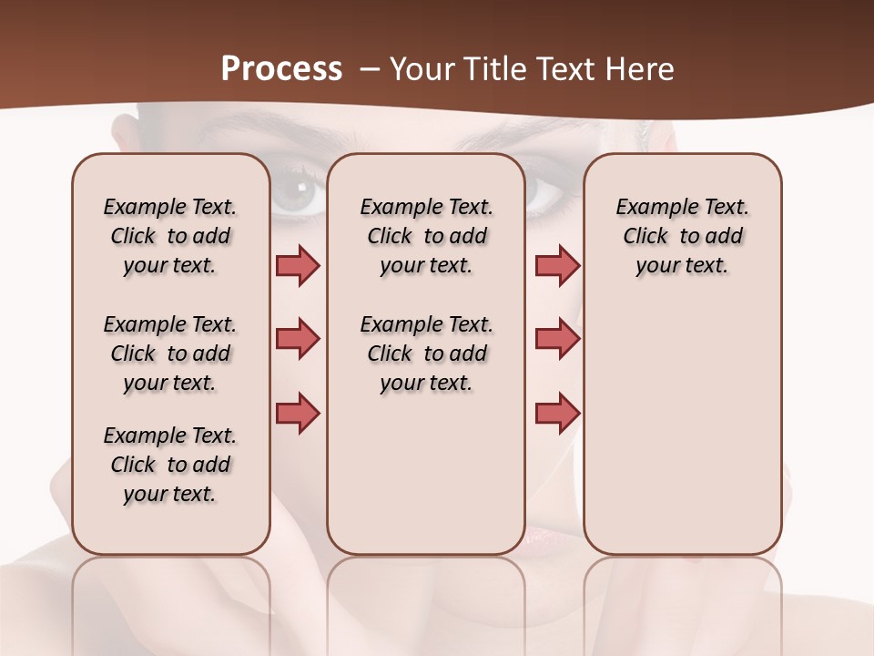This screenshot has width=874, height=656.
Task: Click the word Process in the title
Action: point(281,69)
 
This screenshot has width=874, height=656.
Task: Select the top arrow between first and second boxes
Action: point(298,265)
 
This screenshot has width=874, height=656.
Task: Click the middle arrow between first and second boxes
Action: point(298,339)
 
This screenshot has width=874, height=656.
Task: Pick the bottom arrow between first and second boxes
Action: point(298,413)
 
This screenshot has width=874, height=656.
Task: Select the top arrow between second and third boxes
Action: point(557,265)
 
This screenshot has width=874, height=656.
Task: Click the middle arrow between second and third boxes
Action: point(557,339)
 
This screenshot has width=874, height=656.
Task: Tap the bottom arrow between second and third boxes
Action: point(557,413)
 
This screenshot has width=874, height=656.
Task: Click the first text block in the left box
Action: point(170,236)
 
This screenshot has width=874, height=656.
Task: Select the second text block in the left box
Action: point(170,354)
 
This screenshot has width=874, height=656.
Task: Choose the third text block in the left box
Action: point(170,465)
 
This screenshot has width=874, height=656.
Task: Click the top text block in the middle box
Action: point(426,236)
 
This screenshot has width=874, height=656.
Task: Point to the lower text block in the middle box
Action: point(426,354)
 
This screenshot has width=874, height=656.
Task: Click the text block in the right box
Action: point(682,236)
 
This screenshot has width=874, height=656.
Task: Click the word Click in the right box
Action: point(645,237)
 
